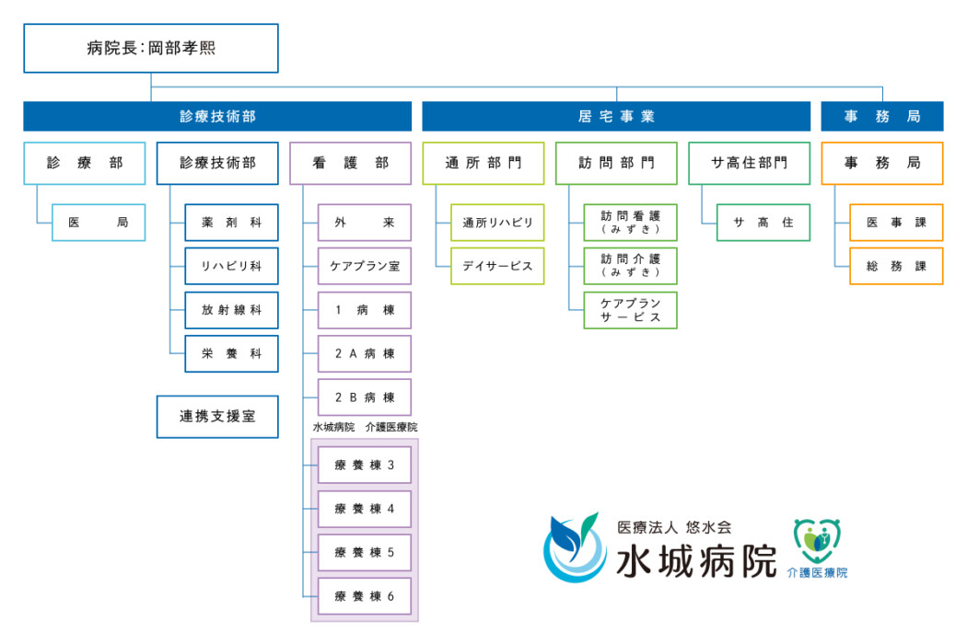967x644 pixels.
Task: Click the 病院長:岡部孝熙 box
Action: click(x=150, y=48)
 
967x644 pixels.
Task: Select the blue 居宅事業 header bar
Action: click(x=616, y=117)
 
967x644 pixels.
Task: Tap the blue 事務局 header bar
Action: click(x=881, y=117)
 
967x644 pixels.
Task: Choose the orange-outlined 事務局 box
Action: click(x=881, y=163)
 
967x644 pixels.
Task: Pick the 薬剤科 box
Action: click(x=231, y=223)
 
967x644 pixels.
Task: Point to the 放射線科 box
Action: click(x=231, y=310)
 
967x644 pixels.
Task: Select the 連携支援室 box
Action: click(x=217, y=417)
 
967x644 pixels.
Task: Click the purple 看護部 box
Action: click(x=350, y=163)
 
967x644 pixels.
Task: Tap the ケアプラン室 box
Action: click(x=364, y=266)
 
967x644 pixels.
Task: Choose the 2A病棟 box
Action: click(x=364, y=353)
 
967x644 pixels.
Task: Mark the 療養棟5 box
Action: click(x=364, y=552)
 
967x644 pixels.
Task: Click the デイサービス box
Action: click(x=497, y=266)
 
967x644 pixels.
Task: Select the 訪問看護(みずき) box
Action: click(x=631, y=223)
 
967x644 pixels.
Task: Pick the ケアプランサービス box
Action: click(x=631, y=310)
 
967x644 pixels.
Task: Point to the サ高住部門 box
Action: click(x=749, y=163)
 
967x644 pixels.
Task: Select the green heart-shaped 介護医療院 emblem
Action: click(x=817, y=542)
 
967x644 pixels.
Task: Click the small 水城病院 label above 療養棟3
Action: click(x=333, y=428)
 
